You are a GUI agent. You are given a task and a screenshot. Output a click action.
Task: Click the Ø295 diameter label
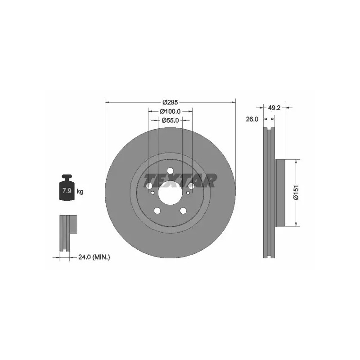(x=170, y=102)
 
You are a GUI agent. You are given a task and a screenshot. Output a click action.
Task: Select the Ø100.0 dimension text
(x=170, y=111)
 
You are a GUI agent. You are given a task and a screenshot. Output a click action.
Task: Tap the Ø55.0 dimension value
(x=170, y=120)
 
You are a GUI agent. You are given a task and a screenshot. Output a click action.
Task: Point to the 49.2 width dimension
(x=274, y=108)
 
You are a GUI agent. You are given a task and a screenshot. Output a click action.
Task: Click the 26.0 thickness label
(x=252, y=119)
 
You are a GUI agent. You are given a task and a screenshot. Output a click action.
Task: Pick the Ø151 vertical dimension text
(x=297, y=192)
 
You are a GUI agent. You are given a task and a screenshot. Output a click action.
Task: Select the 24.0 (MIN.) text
(x=94, y=257)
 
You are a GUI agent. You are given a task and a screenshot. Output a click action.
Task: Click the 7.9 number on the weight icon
(x=67, y=190)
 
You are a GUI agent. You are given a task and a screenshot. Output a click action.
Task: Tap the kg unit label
(x=80, y=191)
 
